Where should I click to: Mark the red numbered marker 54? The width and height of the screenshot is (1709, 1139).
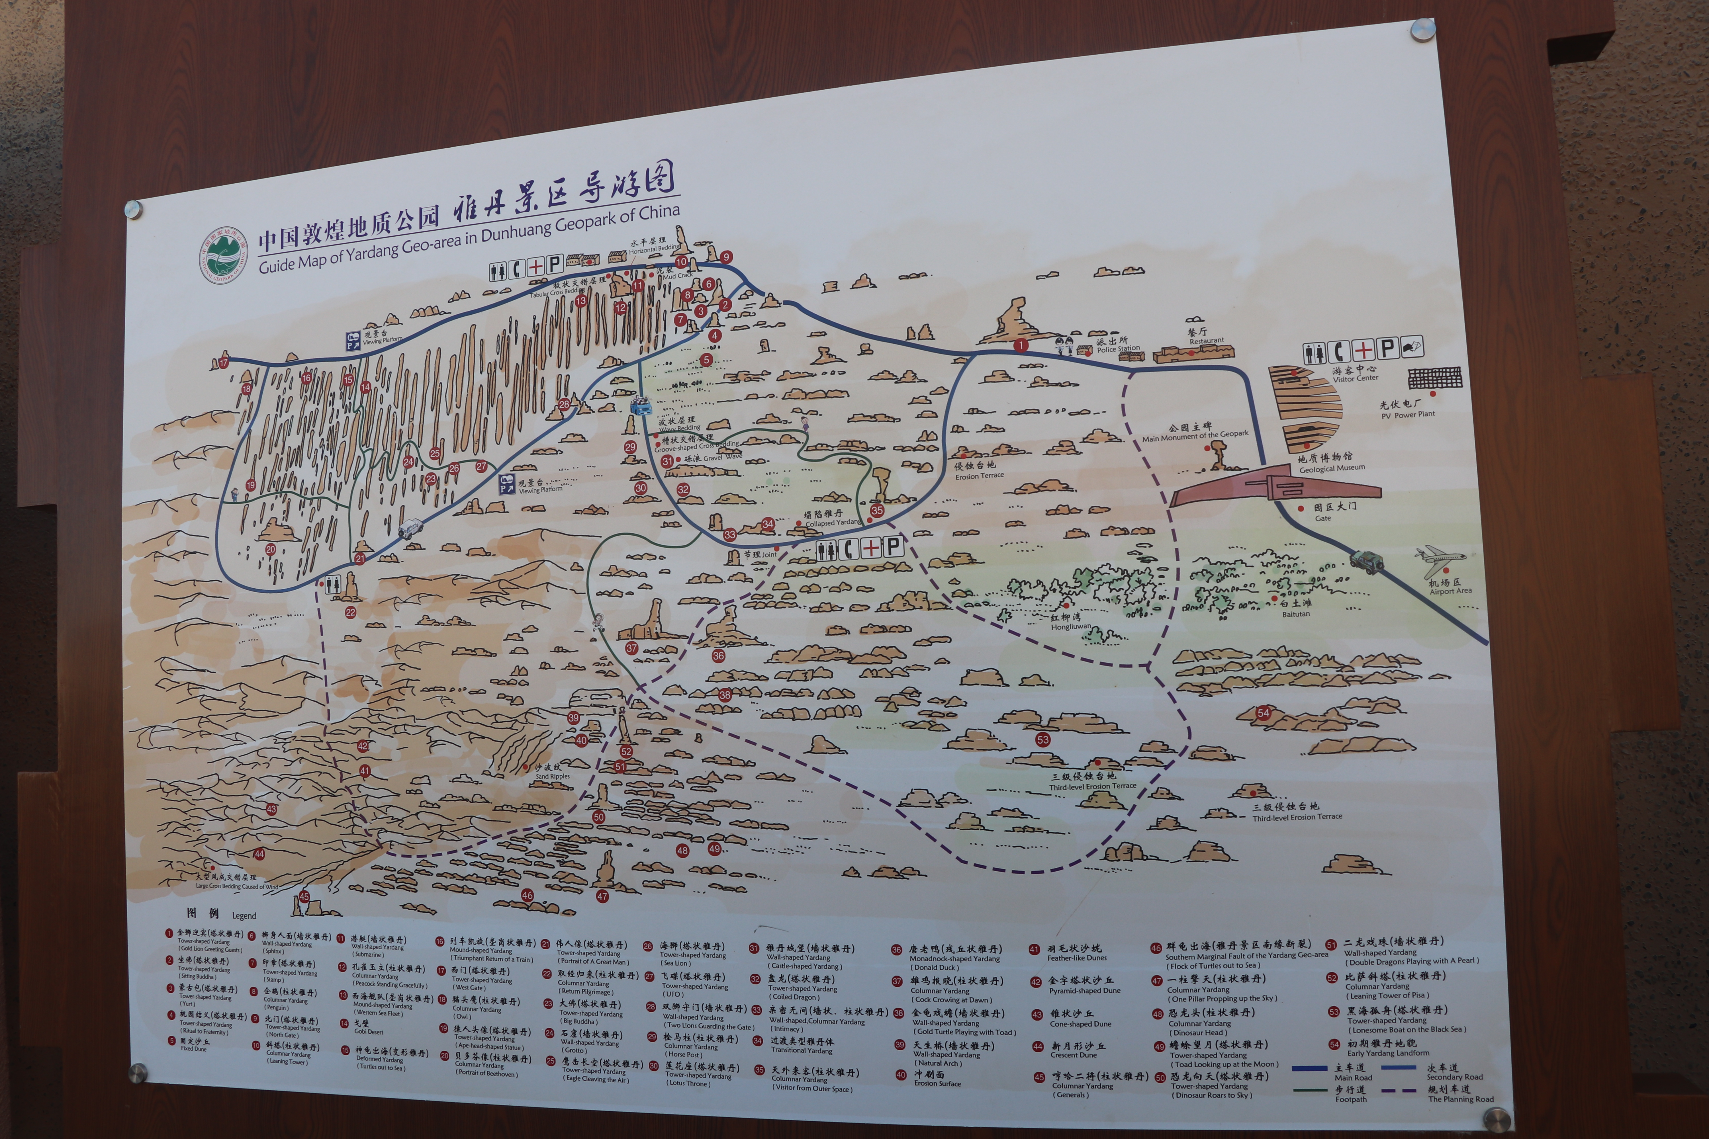click(x=1264, y=713)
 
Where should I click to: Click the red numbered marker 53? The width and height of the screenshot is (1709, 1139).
click(x=1043, y=739)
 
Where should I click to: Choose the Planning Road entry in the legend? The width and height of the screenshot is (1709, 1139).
click(x=1459, y=1093)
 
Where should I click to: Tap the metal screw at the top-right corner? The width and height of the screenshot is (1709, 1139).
click(x=1423, y=30)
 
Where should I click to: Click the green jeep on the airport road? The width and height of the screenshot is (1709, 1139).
click(x=1366, y=560)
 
